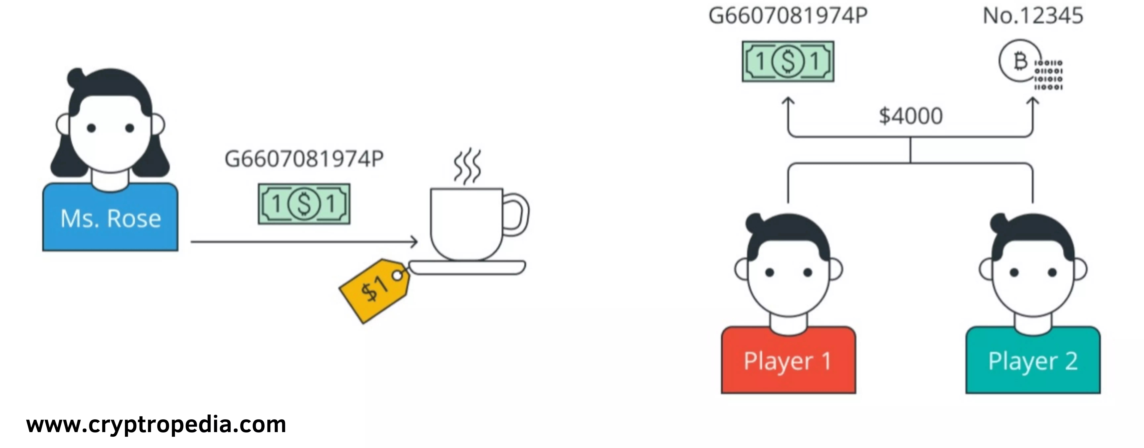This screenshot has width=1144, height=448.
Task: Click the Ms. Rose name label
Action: coord(111,219)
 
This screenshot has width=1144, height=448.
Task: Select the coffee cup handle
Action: coord(516,214)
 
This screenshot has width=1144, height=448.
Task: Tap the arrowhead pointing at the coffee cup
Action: coord(414,242)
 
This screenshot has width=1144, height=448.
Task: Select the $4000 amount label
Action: coord(910,116)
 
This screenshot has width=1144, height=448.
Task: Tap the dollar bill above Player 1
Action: coord(788,61)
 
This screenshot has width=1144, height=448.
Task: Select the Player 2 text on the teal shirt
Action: coord(1033,361)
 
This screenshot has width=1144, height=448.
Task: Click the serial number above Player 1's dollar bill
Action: coord(788,16)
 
